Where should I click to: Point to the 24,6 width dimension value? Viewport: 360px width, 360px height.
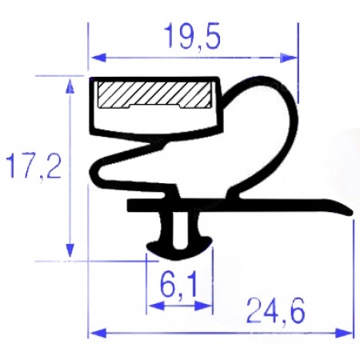click(x=264, y=309)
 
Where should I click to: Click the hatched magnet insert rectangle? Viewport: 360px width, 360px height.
click(x=152, y=95)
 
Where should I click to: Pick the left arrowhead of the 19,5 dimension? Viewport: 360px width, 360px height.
click(x=94, y=57)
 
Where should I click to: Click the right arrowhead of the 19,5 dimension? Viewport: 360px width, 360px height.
click(x=292, y=57)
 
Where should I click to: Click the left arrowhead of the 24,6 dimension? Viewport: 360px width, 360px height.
click(x=94, y=330)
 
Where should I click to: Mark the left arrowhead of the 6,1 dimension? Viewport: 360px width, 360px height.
click(x=150, y=306)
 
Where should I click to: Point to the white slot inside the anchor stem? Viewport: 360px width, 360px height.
click(x=182, y=227)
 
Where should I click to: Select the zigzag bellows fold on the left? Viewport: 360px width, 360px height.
click(x=120, y=164)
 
